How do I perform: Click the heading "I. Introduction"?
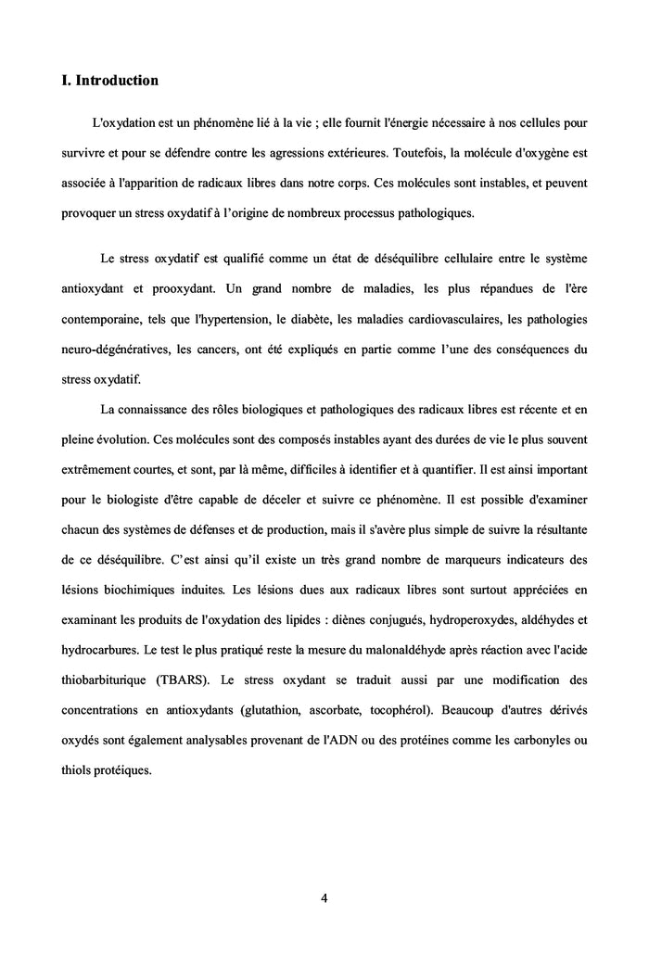(109, 81)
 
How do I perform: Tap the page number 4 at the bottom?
(324, 897)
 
